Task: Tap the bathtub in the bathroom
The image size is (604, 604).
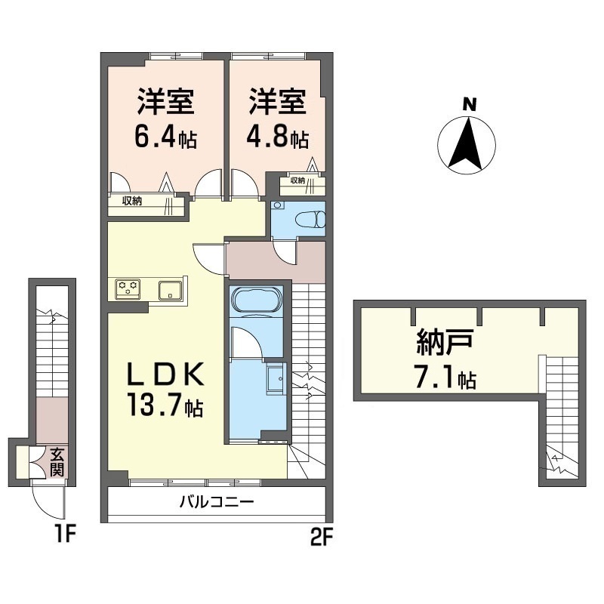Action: point(256,301)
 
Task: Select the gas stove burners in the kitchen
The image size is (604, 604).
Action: point(128,289)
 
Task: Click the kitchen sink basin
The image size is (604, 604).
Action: point(170,290)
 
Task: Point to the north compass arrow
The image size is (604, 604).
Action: point(467,143)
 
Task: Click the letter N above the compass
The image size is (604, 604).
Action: point(469,104)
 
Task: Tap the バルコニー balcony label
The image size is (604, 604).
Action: point(217,502)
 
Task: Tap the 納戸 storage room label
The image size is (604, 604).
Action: point(445,343)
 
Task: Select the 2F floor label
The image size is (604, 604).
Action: point(322,537)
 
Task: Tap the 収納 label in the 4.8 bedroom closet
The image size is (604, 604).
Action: point(297,180)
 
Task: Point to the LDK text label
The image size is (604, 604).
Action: point(165,374)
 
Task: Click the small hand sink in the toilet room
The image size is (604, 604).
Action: point(278,205)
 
